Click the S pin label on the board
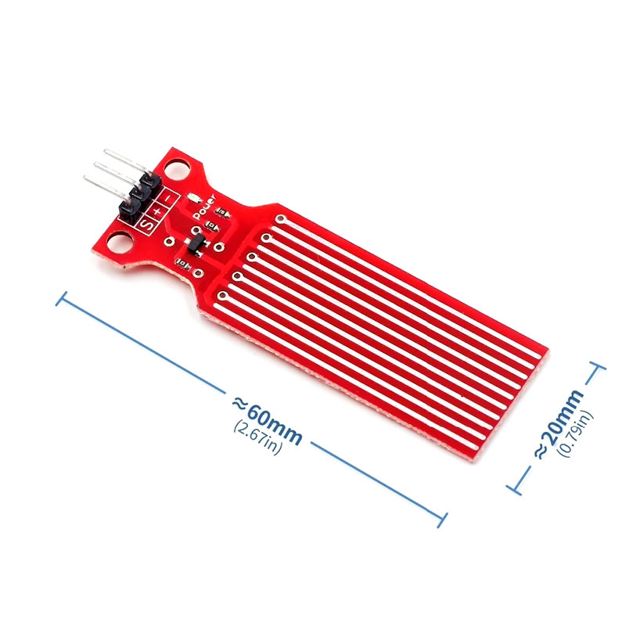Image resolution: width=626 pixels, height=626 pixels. pos(147,225)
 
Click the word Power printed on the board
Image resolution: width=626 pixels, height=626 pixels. pos(204,206)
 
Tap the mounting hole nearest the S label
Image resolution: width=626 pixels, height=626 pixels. pos(120,243)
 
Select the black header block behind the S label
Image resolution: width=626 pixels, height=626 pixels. pos(129,210)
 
